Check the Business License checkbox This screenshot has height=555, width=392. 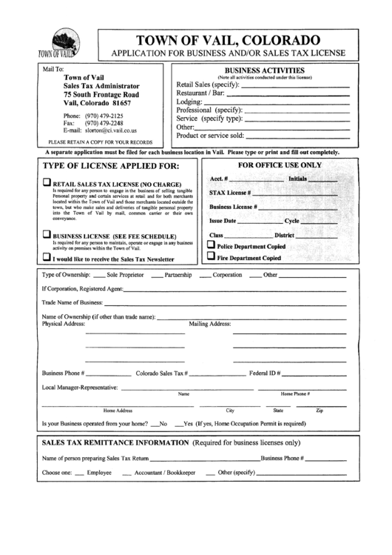click(46, 235)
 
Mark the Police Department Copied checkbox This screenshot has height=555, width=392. click(211, 245)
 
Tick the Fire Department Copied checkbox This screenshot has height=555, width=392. click(211, 257)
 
